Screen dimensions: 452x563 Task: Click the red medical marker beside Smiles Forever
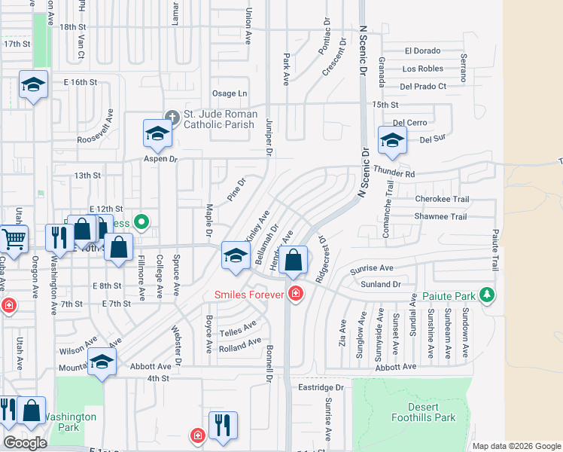(296, 294)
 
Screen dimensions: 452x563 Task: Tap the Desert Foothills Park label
(424, 412)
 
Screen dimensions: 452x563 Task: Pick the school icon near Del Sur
(392, 140)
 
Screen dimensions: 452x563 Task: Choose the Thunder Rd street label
(394, 173)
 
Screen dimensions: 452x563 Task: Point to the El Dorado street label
(422, 51)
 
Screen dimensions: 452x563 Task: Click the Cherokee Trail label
(442, 200)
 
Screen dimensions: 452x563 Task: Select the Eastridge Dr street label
(320, 387)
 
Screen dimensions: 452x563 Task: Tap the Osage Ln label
(230, 93)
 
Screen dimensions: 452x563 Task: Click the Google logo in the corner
(25, 443)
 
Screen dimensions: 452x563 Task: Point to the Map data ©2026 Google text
(516, 446)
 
